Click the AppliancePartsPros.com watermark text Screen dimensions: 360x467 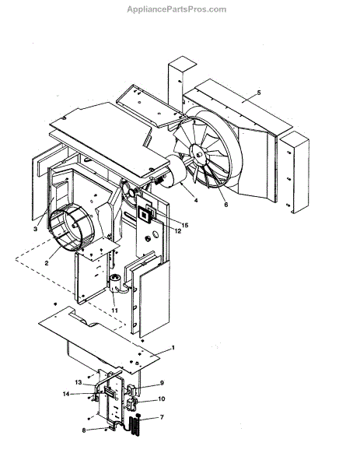pyautogui.click(x=177, y=9)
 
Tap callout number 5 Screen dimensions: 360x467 pyautogui.click(x=259, y=93)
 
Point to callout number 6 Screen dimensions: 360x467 pyautogui.click(x=225, y=205)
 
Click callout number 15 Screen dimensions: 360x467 pyautogui.click(x=185, y=225)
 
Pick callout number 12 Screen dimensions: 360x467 pyautogui.click(x=178, y=231)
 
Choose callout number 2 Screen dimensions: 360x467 pyautogui.click(x=47, y=263)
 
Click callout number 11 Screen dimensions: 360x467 pyautogui.click(x=114, y=311)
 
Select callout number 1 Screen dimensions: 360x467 pyautogui.click(x=173, y=348)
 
